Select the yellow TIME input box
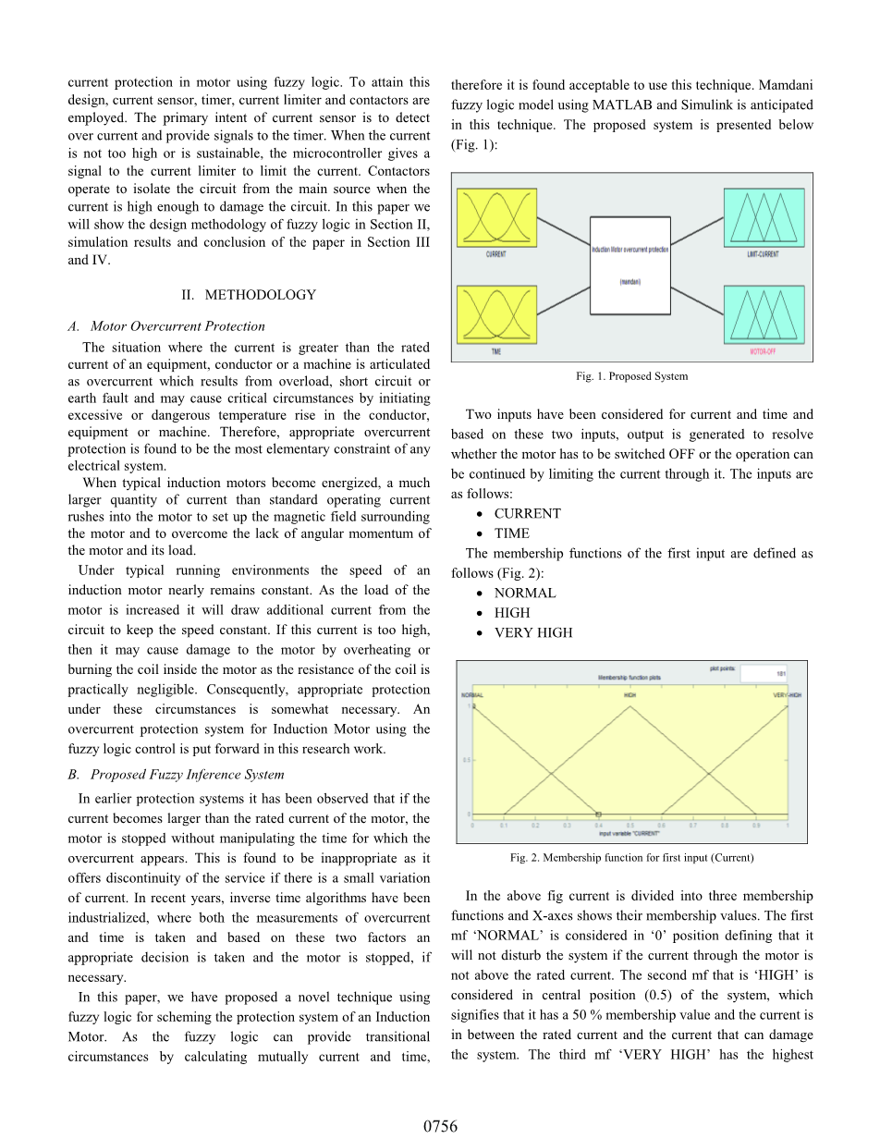point(496,313)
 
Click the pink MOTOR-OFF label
point(764,352)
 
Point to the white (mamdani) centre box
point(630,266)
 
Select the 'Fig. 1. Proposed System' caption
point(631,376)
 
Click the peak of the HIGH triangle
point(630,707)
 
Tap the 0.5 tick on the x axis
point(630,825)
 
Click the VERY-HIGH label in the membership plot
point(786,695)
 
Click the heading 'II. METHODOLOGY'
point(249,295)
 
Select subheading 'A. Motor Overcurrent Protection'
point(166,325)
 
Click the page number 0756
point(440,1125)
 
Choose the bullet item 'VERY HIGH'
point(533,633)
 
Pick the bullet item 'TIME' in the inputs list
point(512,533)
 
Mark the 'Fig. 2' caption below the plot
point(631,858)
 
